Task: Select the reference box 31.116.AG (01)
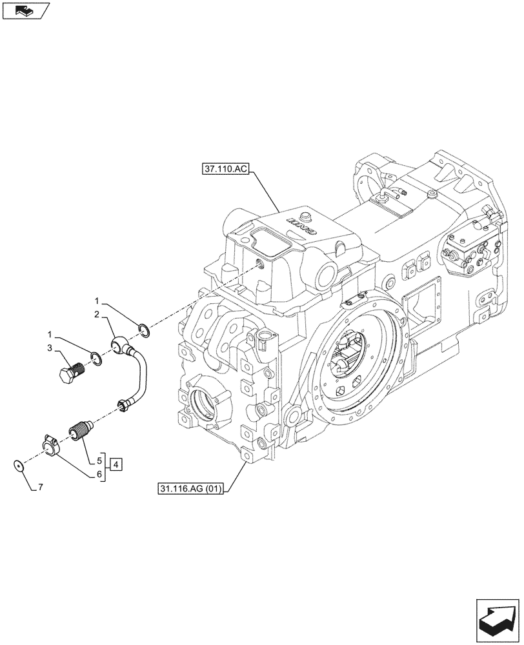190,490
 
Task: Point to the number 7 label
41,489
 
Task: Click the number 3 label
49,348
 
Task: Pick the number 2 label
96,314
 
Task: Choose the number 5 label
99,461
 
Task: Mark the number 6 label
99,475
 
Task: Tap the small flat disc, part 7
19,464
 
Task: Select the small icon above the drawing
25,10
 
